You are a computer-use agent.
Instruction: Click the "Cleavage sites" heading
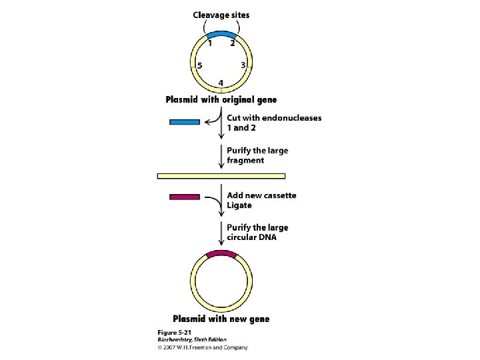(221, 15)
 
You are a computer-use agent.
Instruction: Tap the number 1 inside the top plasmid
(210, 44)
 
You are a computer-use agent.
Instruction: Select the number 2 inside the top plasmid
(232, 44)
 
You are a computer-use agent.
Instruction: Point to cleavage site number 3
(244, 65)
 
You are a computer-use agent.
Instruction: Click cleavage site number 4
(221, 83)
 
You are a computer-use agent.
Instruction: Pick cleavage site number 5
(199, 65)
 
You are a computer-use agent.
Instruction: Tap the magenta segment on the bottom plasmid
(221, 254)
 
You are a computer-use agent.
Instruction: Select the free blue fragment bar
(185, 122)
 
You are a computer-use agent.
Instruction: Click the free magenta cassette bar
(185, 197)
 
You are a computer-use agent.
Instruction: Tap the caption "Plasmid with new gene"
(221, 319)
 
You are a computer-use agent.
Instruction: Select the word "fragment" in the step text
(245, 161)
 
